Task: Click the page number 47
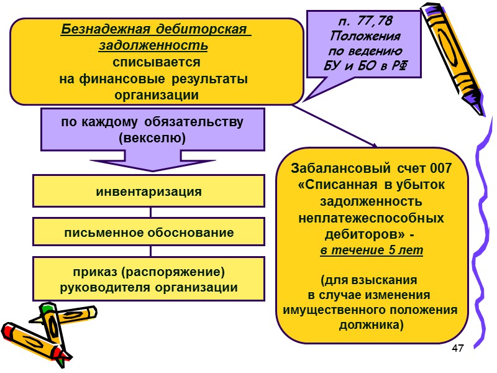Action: [x=458, y=348]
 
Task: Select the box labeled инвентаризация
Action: [x=148, y=191]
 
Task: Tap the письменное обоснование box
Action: [x=148, y=233]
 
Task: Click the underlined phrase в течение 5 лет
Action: [x=372, y=250]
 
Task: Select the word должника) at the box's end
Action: [x=371, y=324]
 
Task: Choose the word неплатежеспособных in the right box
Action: [x=371, y=219]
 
